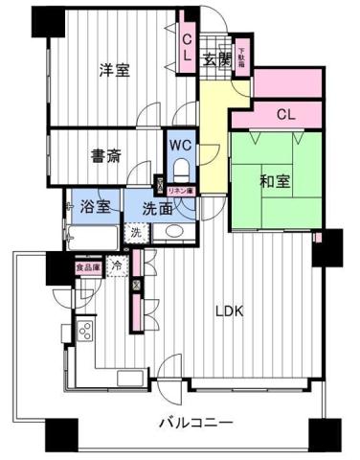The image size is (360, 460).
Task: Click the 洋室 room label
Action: point(115,69)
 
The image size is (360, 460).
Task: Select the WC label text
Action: point(180,145)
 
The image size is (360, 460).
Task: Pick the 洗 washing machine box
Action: point(136,232)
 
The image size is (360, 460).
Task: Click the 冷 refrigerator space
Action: point(117,265)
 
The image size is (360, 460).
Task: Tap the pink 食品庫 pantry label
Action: point(88,268)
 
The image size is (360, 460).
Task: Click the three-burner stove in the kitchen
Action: point(84,333)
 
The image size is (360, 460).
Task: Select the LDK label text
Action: point(228,311)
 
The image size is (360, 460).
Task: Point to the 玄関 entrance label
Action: point(216,58)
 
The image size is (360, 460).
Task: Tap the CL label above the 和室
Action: point(284,116)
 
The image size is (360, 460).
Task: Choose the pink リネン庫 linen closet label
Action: point(182,192)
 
